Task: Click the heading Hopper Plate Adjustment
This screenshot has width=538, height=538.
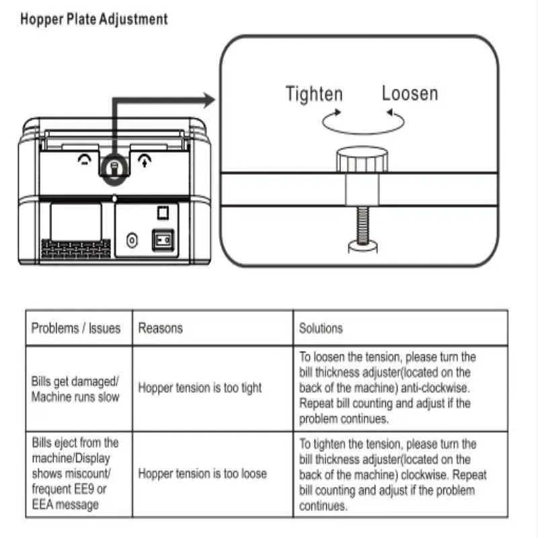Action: [x=94, y=20]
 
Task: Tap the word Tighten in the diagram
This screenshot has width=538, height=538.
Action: [x=314, y=94]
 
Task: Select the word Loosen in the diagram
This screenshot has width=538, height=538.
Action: [x=410, y=93]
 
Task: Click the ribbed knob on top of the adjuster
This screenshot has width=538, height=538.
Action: [x=362, y=159]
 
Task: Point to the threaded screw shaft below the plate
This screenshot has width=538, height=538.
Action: [x=362, y=225]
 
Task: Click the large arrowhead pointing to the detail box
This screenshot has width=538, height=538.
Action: [x=209, y=100]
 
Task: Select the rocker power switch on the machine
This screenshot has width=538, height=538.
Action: [x=163, y=240]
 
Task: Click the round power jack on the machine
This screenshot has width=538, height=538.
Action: [x=132, y=240]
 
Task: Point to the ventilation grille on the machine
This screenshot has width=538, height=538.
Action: [x=76, y=248]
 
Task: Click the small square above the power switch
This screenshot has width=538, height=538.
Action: [x=163, y=213]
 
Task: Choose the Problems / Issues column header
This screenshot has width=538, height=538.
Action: [x=76, y=328]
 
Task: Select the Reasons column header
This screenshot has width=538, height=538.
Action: [x=160, y=328]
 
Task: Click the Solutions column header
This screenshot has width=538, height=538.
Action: [x=321, y=328]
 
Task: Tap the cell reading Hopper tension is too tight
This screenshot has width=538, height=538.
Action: [x=200, y=388]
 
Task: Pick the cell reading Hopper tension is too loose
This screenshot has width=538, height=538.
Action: [x=202, y=474]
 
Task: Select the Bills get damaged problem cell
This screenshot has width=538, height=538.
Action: [x=75, y=389]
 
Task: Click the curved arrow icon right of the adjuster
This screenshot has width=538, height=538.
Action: [x=145, y=161]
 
